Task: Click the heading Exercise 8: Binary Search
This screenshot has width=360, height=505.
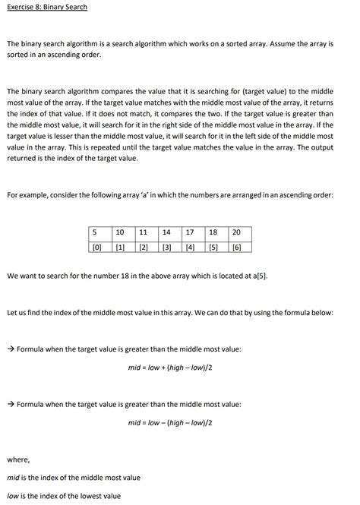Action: [x=47, y=7]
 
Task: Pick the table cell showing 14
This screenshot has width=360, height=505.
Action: [x=168, y=232]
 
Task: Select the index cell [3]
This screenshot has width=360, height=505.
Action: [x=168, y=246]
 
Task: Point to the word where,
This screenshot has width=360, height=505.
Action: [x=17, y=459]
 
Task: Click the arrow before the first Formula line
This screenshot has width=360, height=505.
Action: [x=11, y=349]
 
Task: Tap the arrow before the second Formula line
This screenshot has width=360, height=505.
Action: [x=11, y=404]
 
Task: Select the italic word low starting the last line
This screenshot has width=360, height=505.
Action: [x=13, y=496]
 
